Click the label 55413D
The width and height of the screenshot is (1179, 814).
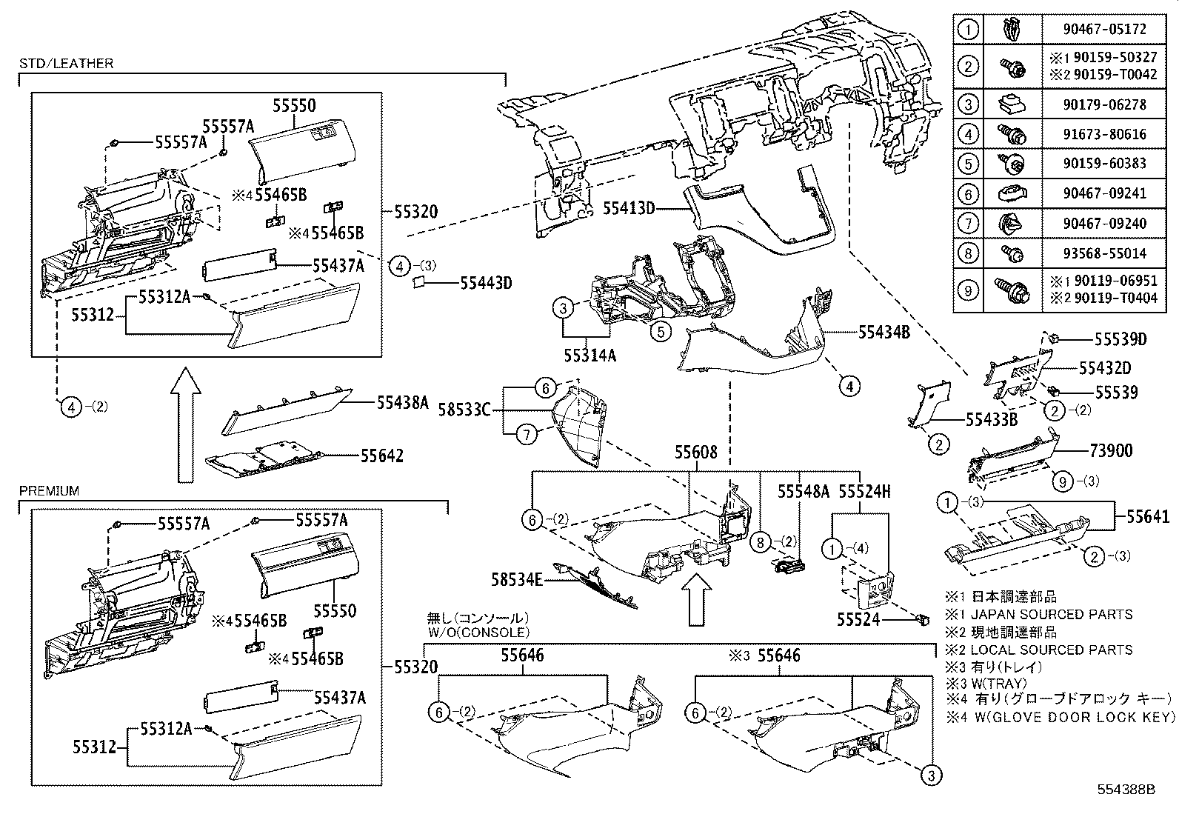click(x=629, y=209)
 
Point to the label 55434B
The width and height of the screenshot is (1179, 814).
click(x=884, y=333)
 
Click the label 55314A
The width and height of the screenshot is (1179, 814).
click(x=589, y=356)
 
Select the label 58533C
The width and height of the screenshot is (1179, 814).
click(x=464, y=410)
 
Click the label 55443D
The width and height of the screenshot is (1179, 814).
click(x=486, y=282)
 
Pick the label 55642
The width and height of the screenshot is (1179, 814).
click(x=382, y=456)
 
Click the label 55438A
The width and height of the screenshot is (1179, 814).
click(x=403, y=402)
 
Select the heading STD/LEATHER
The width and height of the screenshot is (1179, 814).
click(x=66, y=64)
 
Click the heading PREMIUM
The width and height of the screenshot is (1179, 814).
click(x=49, y=491)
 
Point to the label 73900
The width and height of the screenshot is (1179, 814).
click(x=1110, y=450)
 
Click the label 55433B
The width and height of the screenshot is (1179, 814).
click(x=991, y=420)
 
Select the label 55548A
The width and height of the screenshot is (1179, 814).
click(x=803, y=491)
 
